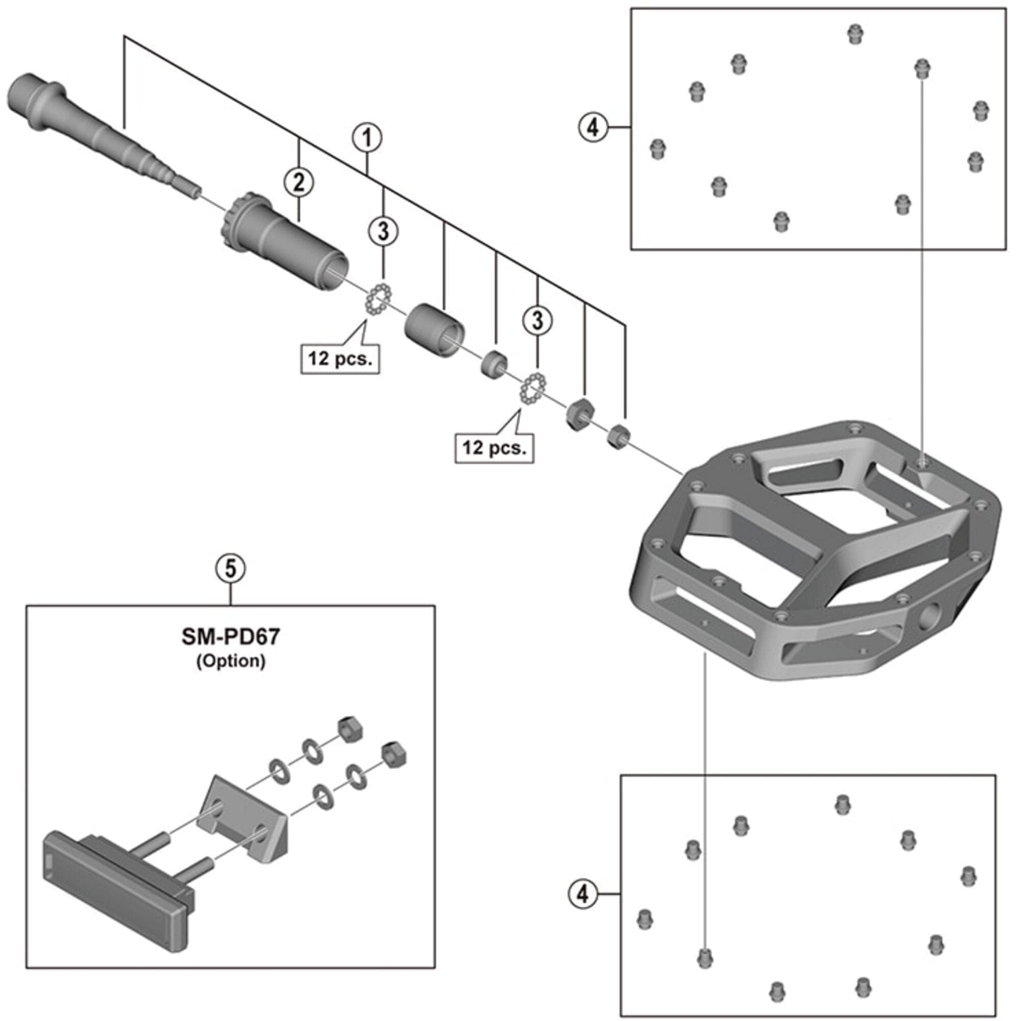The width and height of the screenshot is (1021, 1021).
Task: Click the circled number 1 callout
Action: coord(367,138)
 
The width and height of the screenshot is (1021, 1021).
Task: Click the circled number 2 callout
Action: coord(299,183)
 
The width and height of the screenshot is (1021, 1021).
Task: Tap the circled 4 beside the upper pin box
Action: coord(593,127)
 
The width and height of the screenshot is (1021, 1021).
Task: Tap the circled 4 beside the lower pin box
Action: coord(582,894)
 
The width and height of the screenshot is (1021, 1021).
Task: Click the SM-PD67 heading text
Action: coord(231,637)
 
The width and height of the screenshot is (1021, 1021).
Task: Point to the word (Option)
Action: coord(231,661)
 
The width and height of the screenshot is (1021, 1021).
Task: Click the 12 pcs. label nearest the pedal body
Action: coord(494,448)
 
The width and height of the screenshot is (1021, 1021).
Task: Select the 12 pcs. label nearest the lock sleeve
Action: coord(341,359)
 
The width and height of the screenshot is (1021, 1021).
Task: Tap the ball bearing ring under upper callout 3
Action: coord(379,300)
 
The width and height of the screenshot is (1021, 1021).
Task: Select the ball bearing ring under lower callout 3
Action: coord(533,389)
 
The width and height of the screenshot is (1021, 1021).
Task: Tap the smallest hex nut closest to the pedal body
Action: coord(617,436)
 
